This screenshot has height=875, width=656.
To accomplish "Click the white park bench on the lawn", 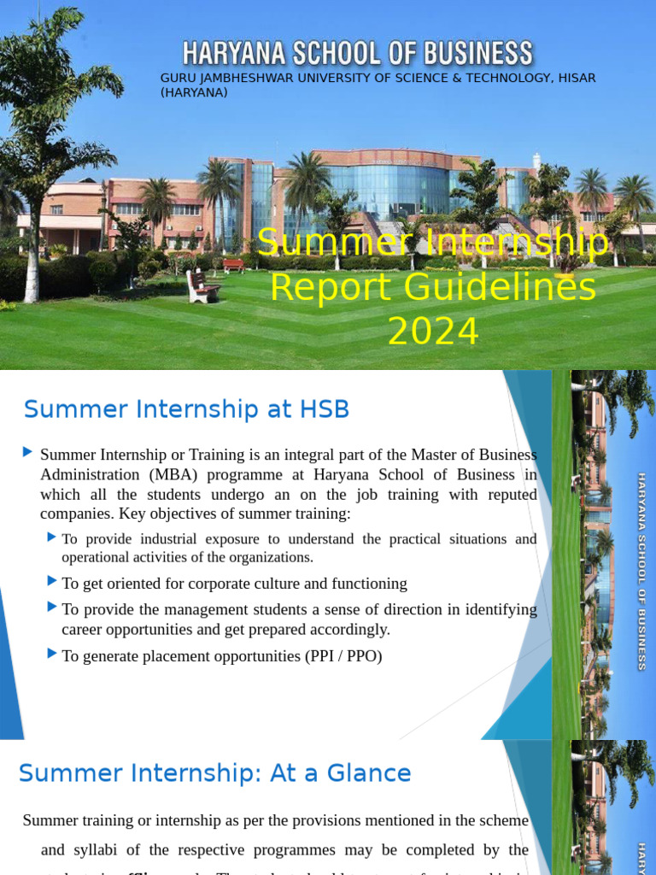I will (202, 286).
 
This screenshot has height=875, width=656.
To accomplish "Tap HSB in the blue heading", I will (324, 409).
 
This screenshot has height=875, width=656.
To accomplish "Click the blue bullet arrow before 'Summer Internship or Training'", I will (28, 451).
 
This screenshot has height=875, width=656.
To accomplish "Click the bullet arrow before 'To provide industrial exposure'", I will (53, 537).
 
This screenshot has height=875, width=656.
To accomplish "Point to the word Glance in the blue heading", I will (370, 773).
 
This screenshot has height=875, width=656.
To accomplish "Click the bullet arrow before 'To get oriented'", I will (53, 582).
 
